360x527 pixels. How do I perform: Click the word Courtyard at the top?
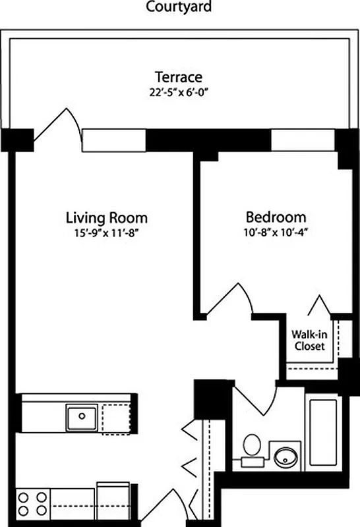coord(180,7)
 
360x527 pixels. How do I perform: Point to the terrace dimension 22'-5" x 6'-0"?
coord(179,91)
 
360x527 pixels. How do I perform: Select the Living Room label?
coord(106,217)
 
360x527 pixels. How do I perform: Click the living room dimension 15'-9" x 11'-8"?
coord(106,232)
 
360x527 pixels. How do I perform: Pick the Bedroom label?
coord(276,217)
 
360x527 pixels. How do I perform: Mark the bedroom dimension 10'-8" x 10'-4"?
coord(276,232)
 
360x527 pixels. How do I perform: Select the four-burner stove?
coord(32,504)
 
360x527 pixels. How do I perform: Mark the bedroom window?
coord(303,140)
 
